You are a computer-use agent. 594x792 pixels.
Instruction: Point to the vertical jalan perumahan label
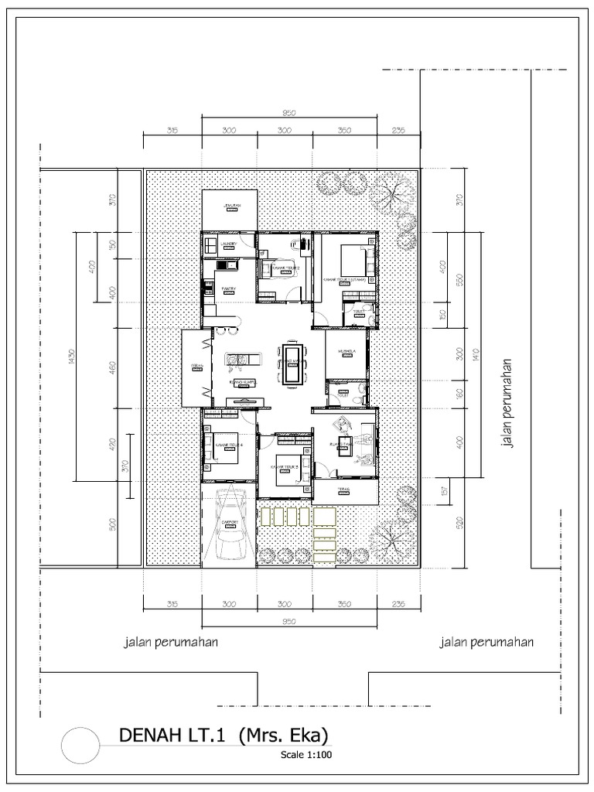coord(508,401)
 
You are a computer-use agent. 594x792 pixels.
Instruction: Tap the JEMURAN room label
coord(230,206)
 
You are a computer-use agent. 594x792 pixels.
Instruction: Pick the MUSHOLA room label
coord(346,352)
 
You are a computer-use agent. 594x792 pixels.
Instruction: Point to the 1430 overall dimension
coord(70,356)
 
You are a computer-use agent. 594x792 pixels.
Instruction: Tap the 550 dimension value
coord(460,279)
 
